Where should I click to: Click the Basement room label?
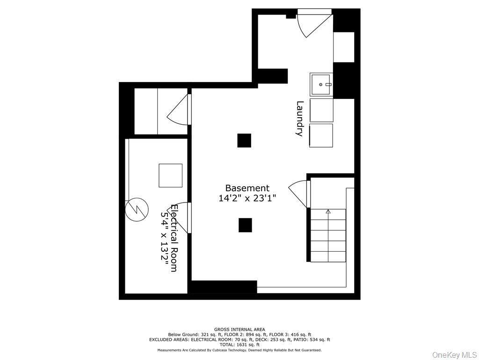(247, 188)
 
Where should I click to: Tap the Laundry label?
(300, 119)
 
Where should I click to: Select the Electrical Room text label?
(174, 238)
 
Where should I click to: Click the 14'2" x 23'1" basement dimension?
(247, 198)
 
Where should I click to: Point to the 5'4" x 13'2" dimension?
(165, 238)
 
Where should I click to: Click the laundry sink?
(321, 84)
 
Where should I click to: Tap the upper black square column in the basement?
(244, 141)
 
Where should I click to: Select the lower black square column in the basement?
(245, 225)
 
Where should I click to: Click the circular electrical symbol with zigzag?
(137, 210)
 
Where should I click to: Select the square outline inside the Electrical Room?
(170, 175)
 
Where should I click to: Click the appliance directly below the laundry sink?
(321, 110)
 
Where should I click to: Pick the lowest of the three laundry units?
(321, 135)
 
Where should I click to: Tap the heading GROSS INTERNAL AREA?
(239, 330)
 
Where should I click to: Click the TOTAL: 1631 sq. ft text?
(239, 344)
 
